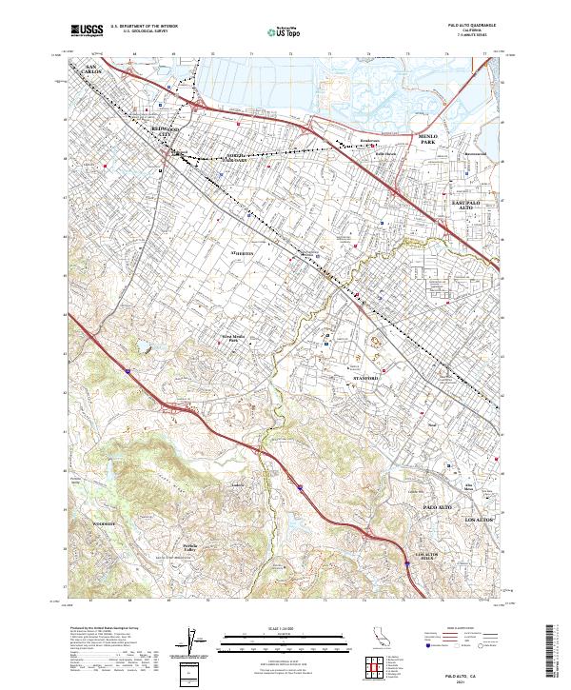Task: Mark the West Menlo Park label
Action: [234, 339]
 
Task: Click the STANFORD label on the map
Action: [366, 379]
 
